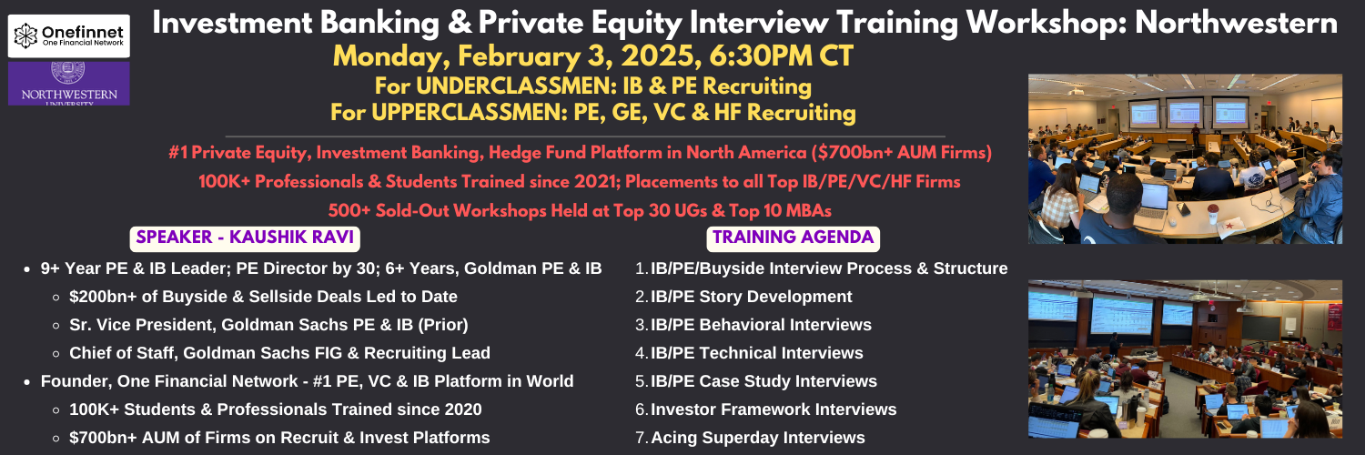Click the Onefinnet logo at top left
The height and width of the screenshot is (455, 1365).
pos(69,35)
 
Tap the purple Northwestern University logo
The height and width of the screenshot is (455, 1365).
pos(69,84)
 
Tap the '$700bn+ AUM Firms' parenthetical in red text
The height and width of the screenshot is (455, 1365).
pos(902,152)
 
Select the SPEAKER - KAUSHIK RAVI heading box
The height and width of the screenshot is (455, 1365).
pos(245,238)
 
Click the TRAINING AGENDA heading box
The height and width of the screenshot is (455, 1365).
pos(793,238)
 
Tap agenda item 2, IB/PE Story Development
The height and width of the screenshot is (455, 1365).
pos(743,297)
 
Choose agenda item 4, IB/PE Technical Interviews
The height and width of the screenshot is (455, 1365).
pos(749,353)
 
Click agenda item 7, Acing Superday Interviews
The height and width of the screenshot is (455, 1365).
pos(750,438)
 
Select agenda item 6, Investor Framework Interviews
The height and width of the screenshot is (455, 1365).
pos(766,409)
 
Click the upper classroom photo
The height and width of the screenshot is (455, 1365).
pos(1185,159)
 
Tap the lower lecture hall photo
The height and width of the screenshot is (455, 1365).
pos(1185,359)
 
